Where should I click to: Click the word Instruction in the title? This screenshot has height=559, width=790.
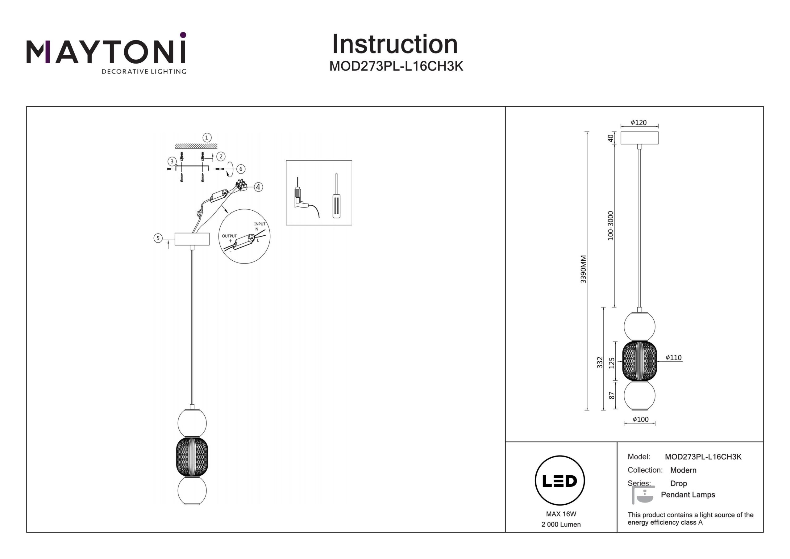coord(395,44)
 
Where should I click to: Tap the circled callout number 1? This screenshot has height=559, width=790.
coord(206,138)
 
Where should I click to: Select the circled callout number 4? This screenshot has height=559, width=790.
coord(258,187)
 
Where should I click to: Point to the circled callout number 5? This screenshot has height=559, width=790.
coord(158,238)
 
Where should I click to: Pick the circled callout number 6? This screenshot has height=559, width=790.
coord(240,169)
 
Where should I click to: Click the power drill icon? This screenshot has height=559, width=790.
coord(303,200)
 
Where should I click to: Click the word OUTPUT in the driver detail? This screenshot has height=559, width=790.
coord(229,236)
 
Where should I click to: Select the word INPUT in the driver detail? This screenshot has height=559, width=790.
coord(260,224)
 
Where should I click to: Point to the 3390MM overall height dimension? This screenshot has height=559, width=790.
coord(583,269)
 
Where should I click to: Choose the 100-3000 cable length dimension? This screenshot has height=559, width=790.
coord(610,225)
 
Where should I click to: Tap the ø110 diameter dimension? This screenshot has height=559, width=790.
coord(673,358)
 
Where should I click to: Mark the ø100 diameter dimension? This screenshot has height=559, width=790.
coord(640,419)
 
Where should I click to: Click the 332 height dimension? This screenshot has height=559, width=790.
coord(600,362)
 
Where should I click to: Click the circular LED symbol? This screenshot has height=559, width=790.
coord(560,481)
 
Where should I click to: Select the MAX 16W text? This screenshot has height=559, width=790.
coord(561,514)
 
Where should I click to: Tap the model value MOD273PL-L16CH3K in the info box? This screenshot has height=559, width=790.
coord(703,457)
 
